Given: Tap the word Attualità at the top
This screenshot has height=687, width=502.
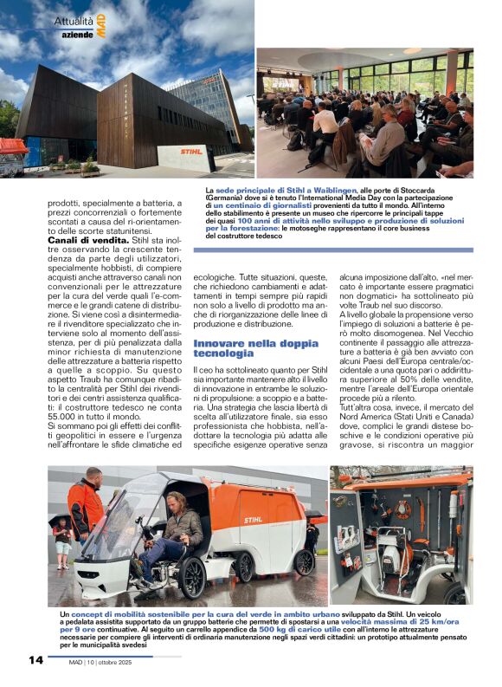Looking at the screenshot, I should click(74, 19).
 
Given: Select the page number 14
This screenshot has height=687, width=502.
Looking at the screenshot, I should click(35, 660).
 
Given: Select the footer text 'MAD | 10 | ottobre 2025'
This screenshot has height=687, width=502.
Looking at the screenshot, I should click(107, 662).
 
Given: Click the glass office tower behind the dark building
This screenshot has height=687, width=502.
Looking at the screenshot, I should click(208, 95).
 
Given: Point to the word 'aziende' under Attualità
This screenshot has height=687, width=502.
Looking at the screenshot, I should click(76, 33).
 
